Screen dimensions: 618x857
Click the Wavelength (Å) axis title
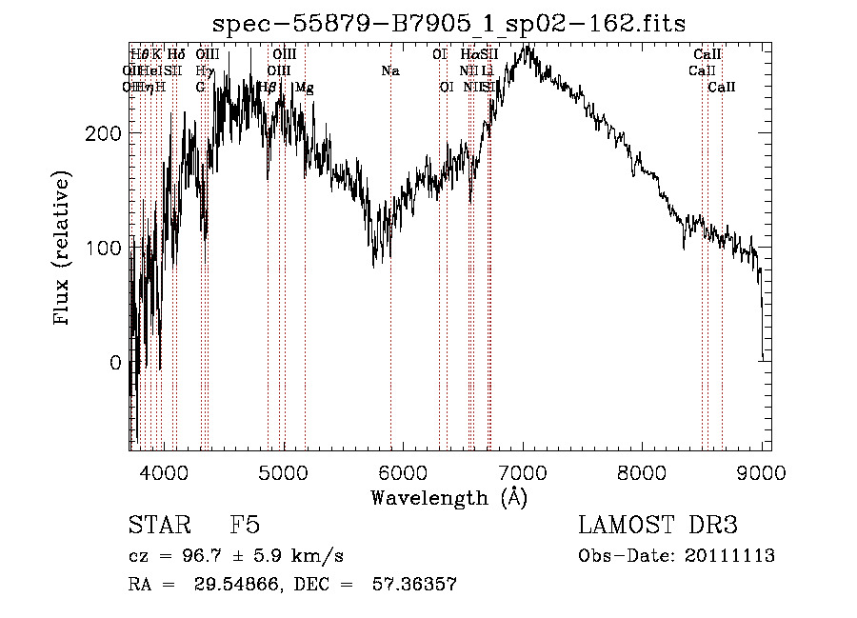pyautogui.click(x=448, y=497)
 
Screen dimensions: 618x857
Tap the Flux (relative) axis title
pyautogui.click(x=64, y=249)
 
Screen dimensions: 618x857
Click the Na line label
pyautogui.click(x=389, y=70)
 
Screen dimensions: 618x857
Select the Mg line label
pyautogui.click(x=304, y=88)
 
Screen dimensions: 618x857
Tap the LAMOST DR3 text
pyautogui.click(x=657, y=527)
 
